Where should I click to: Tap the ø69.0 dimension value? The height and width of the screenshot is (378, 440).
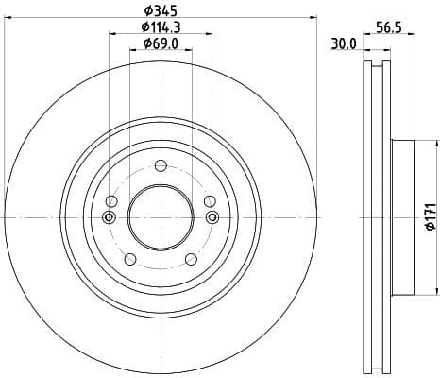[x=160, y=43]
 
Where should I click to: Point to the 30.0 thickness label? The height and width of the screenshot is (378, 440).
[x=343, y=43]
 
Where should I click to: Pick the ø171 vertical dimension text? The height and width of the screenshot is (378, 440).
[x=429, y=217]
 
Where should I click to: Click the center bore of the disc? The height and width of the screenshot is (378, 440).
[x=160, y=217]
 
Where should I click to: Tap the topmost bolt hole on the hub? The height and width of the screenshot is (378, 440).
[x=160, y=166]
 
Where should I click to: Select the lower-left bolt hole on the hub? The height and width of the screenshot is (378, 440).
[x=129, y=259]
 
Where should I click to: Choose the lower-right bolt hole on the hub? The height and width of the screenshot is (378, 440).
[x=190, y=259]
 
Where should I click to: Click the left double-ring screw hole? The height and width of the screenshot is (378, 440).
[x=109, y=218]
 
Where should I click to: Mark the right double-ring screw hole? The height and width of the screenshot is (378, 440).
[x=211, y=218]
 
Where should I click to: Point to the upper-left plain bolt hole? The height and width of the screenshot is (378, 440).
[x=111, y=201]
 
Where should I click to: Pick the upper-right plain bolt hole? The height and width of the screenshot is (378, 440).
[x=209, y=201]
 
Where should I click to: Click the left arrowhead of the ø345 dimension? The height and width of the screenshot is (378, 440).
[x=8, y=17]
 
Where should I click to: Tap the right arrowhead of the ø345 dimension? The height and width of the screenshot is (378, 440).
[x=312, y=17]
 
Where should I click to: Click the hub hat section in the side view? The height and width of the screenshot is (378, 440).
[x=401, y=217]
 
